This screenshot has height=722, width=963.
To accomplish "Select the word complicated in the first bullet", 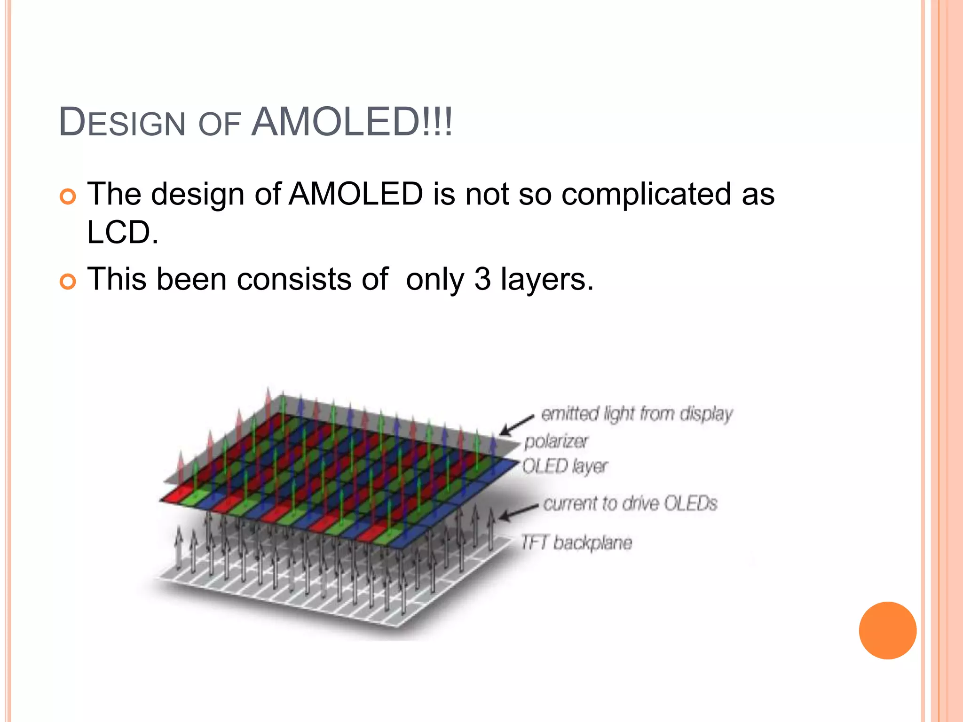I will tap(646, 194).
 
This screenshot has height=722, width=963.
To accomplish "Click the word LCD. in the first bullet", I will tap(123, 232).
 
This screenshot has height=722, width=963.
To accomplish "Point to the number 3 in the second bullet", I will tap(482, 279).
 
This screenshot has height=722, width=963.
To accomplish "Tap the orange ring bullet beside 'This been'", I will tap(68, 282).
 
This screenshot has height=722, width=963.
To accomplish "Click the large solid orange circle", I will tap(887, 630).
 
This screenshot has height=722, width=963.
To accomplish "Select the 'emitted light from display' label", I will tap(637, 414).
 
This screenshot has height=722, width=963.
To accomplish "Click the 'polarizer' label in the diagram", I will tap(556, 441).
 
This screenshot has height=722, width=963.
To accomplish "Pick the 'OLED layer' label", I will tap(565, 466).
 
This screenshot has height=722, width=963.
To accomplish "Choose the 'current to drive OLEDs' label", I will tap(630, 503).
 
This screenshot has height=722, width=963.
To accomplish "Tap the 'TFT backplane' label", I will tap(576, 542).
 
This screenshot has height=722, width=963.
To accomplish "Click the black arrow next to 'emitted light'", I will tap(516, 425).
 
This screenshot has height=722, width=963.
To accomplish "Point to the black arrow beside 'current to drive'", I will tap(517, 512).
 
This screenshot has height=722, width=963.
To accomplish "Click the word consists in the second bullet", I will tap(294, 279).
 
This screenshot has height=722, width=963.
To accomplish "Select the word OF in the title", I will tap(220, 125).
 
